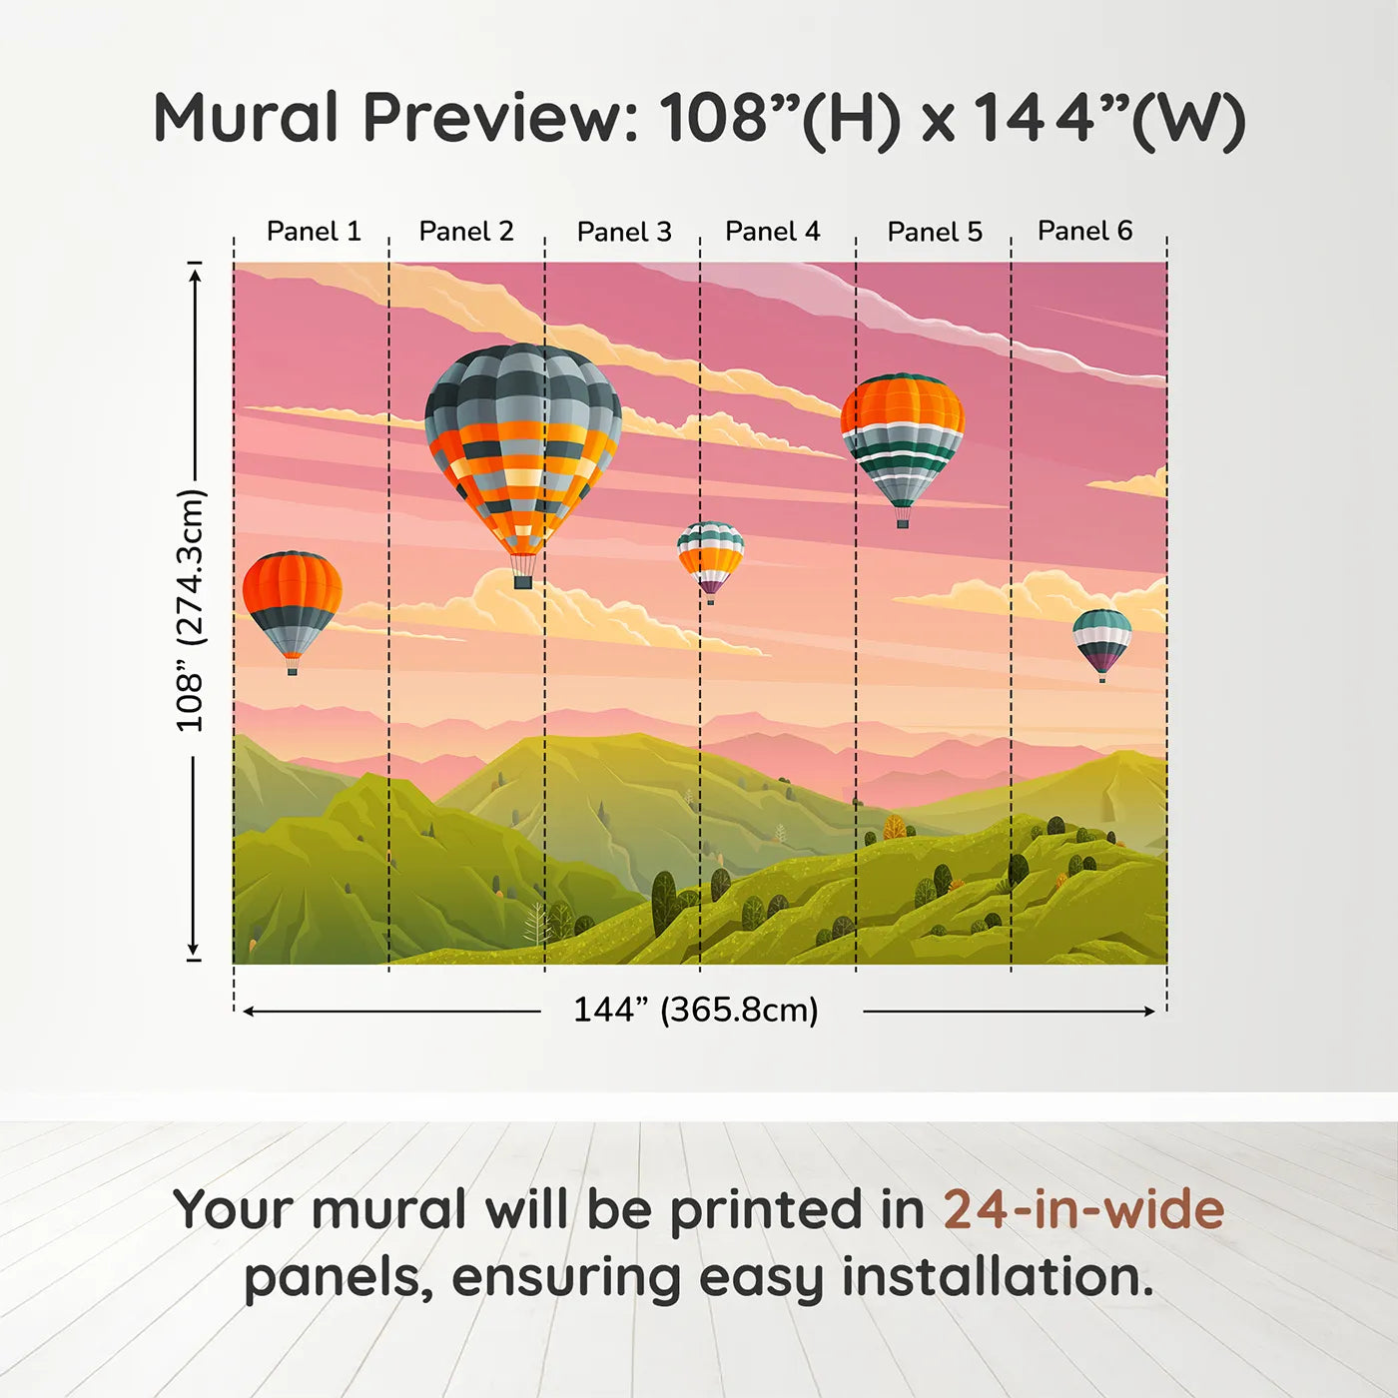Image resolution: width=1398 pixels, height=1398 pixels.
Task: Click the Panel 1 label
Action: point(314,232)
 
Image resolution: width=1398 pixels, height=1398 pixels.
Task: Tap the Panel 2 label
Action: point(466,232)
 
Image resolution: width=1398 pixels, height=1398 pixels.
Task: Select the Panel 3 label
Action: point(624,232)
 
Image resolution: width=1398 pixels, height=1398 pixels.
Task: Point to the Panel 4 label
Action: point(772,232)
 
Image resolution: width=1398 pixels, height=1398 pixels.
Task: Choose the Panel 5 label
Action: point(935,232)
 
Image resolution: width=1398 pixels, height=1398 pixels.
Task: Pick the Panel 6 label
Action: point(1084,232)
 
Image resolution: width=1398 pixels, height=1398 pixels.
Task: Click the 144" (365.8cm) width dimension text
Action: point(695,1011)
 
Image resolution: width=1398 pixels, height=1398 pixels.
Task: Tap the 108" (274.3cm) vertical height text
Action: point(190,610)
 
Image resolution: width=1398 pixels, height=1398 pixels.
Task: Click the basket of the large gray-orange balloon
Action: point(522,580)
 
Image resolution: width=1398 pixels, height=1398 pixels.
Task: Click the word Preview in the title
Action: point(499,119)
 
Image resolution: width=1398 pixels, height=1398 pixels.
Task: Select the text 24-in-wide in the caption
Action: point(1083,1210)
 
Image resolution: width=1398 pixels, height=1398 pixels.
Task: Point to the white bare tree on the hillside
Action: point(537,924)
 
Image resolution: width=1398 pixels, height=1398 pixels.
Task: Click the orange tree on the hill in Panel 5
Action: point(894,826)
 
